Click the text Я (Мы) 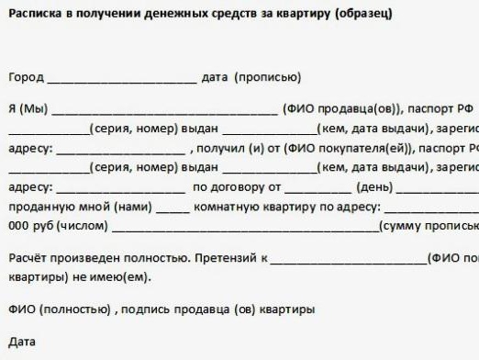pos(28,107)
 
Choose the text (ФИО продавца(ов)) pos(343,107)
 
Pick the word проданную pos(38,207)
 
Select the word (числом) pos(86,226)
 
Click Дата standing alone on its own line pos(22,342)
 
